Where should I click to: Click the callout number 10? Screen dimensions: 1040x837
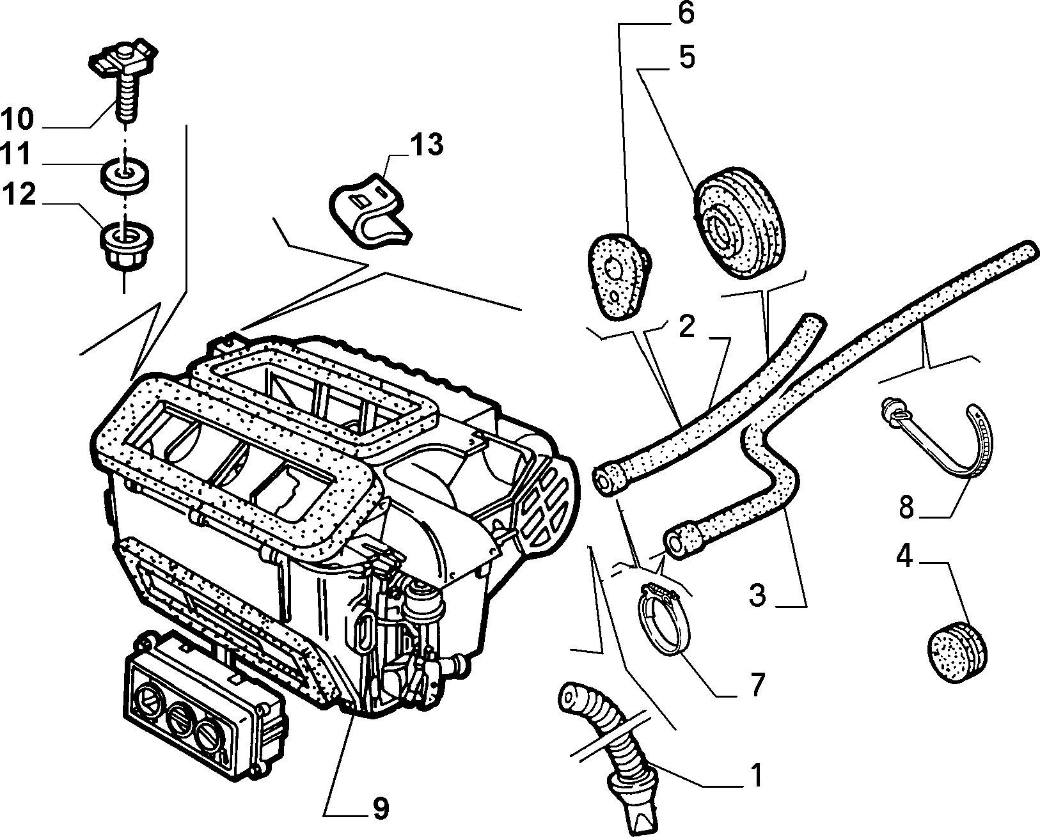point(18,119)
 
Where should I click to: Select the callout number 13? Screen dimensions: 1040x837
point(427,145)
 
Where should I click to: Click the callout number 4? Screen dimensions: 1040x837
point(904,556)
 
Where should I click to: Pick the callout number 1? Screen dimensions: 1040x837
point(757,775)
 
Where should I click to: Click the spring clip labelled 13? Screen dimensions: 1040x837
point(370,213)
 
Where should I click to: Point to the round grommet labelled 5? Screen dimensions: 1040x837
point(739,223)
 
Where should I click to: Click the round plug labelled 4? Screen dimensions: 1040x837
point(957,652)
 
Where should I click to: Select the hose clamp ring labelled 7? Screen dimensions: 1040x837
point(663,621)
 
